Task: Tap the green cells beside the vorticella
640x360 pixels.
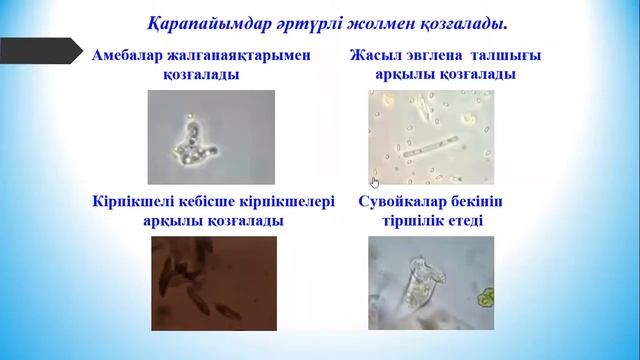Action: click(x=487, y=297)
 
